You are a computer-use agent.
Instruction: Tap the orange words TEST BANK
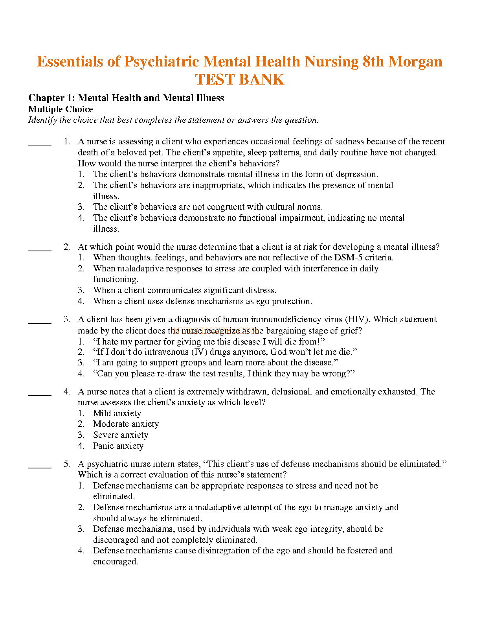(240, 80)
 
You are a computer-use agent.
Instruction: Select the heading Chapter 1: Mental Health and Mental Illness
(126, 98)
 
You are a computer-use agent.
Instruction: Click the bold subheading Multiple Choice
(61, 109)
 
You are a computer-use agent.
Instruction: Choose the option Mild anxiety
(117, 413)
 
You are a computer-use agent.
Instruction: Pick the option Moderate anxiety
(126, 424)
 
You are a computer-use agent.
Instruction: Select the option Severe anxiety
(121, 435)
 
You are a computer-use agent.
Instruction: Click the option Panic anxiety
(118, 446)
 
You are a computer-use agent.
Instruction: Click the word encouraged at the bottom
(115, 562)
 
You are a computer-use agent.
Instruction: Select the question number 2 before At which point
(67, 247)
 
